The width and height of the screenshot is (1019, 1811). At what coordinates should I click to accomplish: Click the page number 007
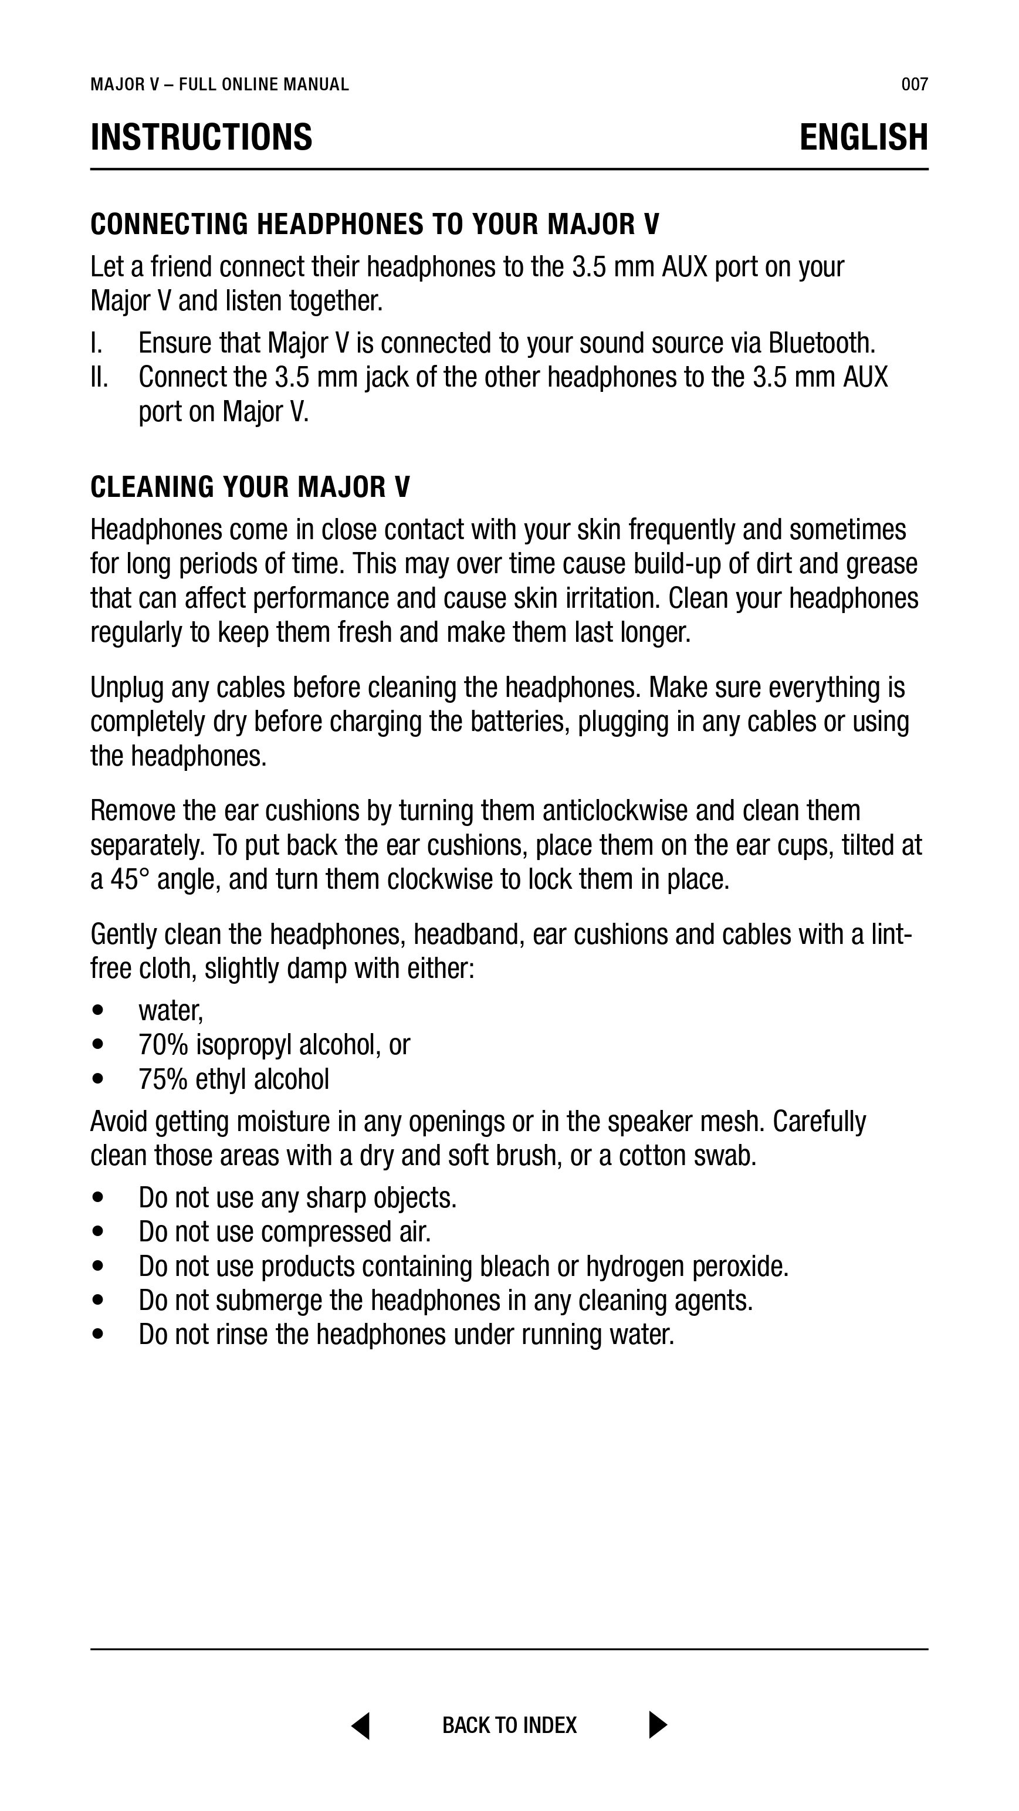point(914,85)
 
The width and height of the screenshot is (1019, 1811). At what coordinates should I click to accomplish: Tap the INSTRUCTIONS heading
point(201,137)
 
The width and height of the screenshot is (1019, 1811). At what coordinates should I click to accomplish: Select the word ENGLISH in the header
point(863,137)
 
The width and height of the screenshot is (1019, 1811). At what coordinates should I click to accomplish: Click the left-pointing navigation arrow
point(361,1725)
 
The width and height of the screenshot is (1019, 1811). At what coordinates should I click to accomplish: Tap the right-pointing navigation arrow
point(658,1725)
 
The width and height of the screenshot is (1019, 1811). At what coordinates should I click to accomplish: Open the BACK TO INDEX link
point(509,1725)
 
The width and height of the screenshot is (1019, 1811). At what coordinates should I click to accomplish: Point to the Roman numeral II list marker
point(99,378)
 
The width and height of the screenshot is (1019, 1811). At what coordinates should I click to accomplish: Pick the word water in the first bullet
point(170,1011)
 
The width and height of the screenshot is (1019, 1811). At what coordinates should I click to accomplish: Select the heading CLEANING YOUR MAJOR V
point(250,486)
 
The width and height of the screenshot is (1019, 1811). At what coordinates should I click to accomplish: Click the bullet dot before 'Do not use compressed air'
point(98,1233)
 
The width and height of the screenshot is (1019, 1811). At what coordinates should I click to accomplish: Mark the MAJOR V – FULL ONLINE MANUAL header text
point(219,85)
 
